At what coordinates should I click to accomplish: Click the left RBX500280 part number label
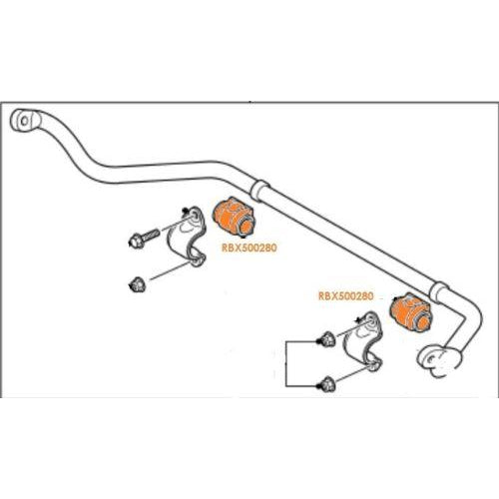click(x=249, y=248)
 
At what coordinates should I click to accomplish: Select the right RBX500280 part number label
click(x=346, y=296)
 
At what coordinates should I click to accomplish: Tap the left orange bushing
click(x=233, y=217)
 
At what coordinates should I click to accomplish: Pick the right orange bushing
click(x=410, y=311)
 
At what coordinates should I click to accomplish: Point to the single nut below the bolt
click(x=137, y=285)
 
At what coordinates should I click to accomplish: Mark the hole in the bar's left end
click(x=24, y=121)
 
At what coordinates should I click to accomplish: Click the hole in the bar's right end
click(x=431, y=359)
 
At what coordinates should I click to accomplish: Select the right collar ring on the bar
click(x=439, y=292)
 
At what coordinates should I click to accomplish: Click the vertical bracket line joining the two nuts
click(x=286, y=363)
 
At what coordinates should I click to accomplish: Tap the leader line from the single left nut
click(x=170, y=270)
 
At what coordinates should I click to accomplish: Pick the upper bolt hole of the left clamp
click(x=194, y=217)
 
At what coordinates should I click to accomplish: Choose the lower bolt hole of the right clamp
click(x=373, y=365)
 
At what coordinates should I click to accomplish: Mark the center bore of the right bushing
click(x=423, y=322)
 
